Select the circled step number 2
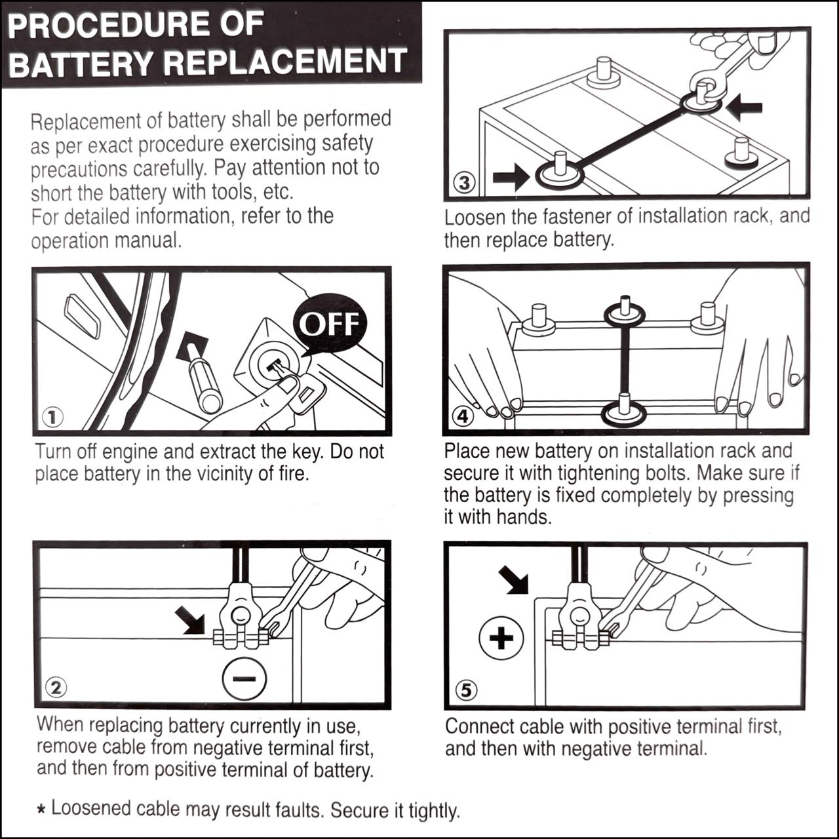(55, 687)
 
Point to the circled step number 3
(464, 182)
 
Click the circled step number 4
(463, 416)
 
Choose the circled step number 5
(466, 690)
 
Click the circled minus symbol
(244, 679)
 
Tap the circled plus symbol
(501, 638)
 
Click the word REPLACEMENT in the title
(285, 62)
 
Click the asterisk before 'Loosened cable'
(41, 810)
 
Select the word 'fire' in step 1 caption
(293, 473)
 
